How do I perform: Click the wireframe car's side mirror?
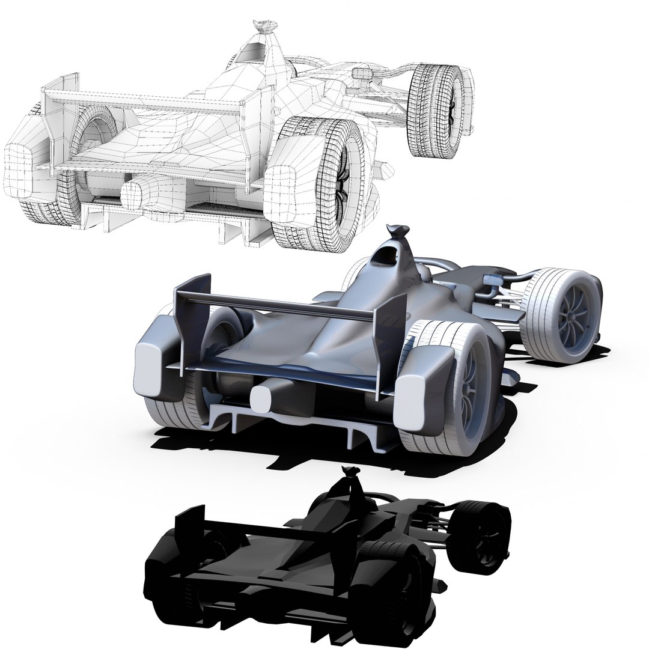point(363,74)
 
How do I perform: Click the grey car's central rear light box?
point(262,397)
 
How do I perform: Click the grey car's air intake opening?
point(385,257)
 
